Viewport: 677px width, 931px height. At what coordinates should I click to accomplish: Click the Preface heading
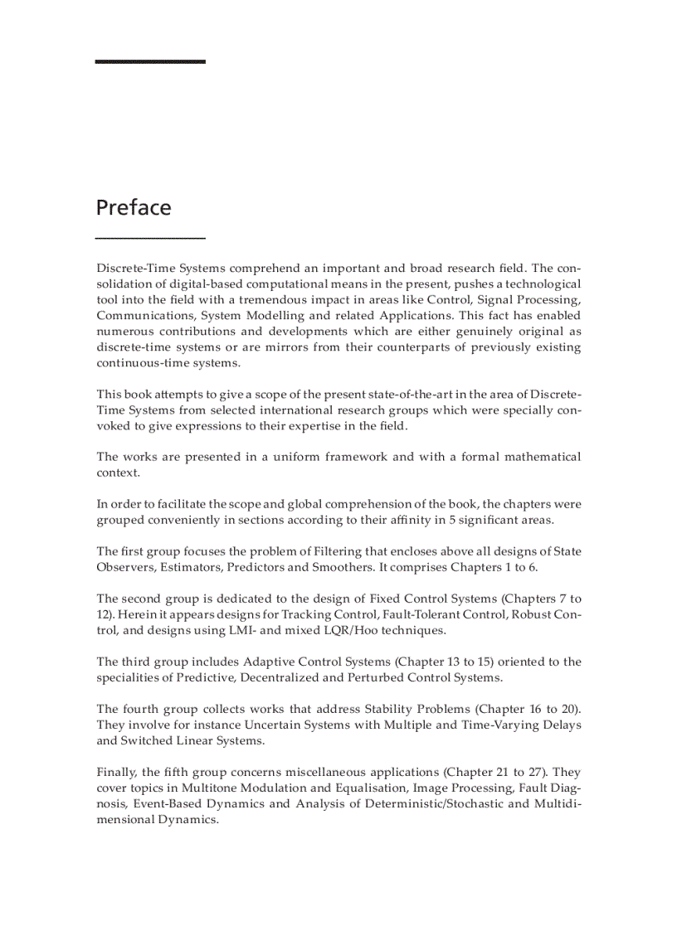pos(134,207)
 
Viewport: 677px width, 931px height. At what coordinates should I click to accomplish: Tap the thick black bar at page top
pos(150,61)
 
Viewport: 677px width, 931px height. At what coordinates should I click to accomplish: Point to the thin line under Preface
pos(150,239)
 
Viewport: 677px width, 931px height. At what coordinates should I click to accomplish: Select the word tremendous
pos(275,300)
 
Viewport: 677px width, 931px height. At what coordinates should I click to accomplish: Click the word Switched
pos(148,741)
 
